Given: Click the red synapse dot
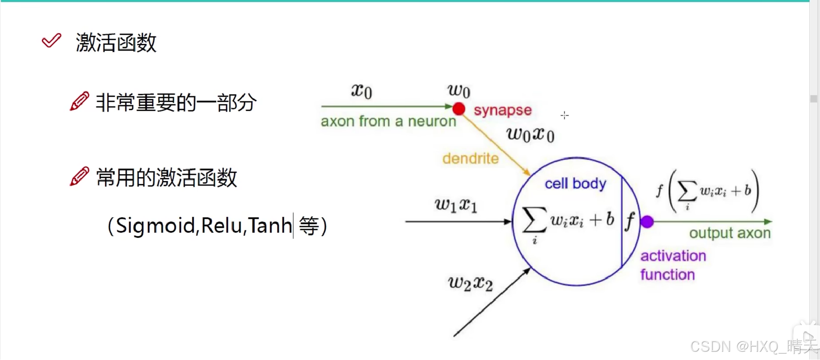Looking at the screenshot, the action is coord(459,108).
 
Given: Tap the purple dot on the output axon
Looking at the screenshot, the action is coord(647,222).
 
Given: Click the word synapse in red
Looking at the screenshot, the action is coord(502,110).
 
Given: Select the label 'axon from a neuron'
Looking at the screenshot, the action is coord(388,121).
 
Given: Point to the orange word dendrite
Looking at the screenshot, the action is coord(470,159).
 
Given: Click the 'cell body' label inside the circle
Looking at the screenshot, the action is coord(575,184).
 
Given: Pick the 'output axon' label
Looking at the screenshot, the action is coord(729,233).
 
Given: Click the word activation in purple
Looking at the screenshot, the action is coord(673,256).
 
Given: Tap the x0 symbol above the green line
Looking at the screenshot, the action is coord(361,91).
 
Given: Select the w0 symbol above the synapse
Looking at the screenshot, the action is coord(459,91).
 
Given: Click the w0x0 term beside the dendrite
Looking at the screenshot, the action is coord(530,134).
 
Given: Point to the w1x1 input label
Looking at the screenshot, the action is coord(456,205).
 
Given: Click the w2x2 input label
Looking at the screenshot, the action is coord(470,283).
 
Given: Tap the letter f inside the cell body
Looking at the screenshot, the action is coord(630,221).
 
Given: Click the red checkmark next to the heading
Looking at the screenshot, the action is coord(51,41).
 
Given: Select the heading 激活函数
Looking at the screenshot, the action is coord(116,43).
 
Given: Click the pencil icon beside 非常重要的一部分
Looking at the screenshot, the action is coord(79,101).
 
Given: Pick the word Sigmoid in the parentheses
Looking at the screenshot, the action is coord(155,226).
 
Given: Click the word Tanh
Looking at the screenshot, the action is coord(270,226).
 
